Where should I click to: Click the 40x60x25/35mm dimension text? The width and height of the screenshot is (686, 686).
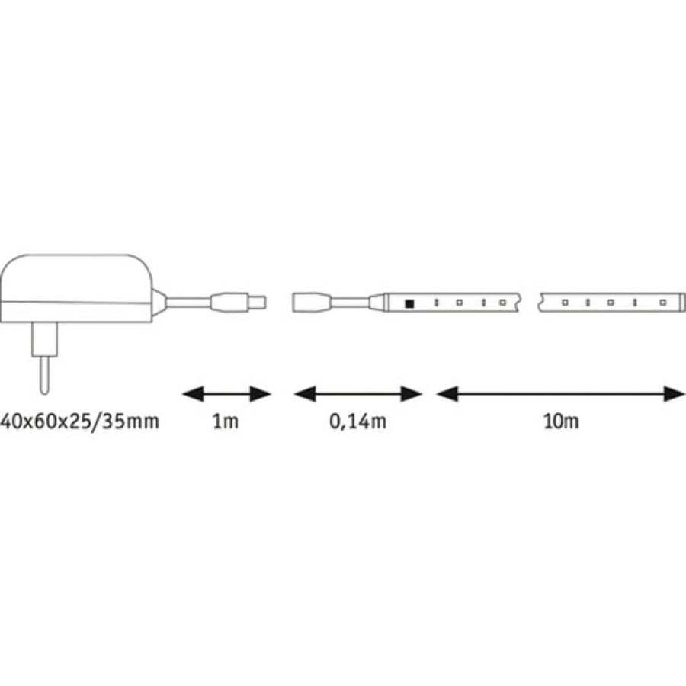(x=79, y=422)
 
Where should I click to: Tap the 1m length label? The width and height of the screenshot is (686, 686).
(x=226, y=422)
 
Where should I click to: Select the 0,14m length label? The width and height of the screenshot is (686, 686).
(x=358, y=422)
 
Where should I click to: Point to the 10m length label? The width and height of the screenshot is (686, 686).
(x=561, y=422)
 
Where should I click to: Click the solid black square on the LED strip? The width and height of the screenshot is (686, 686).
(x=409, y=303)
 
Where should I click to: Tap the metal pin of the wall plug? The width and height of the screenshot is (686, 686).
(x=44, y=374)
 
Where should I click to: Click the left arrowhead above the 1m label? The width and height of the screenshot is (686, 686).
(x=193, y=394)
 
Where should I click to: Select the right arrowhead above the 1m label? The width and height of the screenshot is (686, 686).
(x=261, y=394)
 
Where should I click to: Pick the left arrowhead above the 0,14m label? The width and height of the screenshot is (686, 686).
(x=304, y=394)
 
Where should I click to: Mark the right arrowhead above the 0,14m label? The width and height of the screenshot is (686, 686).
(x=412, y=394)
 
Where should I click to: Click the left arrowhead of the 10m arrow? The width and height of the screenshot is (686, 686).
(x=447, y=394)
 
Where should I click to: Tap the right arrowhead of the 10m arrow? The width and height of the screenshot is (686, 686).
(x=674, y=394)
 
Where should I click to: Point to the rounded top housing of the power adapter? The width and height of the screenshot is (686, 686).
(x=75, y=278)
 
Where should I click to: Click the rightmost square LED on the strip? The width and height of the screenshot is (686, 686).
(x=663, y=303)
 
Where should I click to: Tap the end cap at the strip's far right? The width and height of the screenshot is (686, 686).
(x=680, y=303)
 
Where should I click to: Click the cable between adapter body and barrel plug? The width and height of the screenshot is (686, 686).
(x=189, y=303)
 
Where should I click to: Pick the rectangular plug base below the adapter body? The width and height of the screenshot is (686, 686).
(x=45, y=339)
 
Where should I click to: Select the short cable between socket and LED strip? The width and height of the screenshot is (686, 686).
(x=350, y=303)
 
